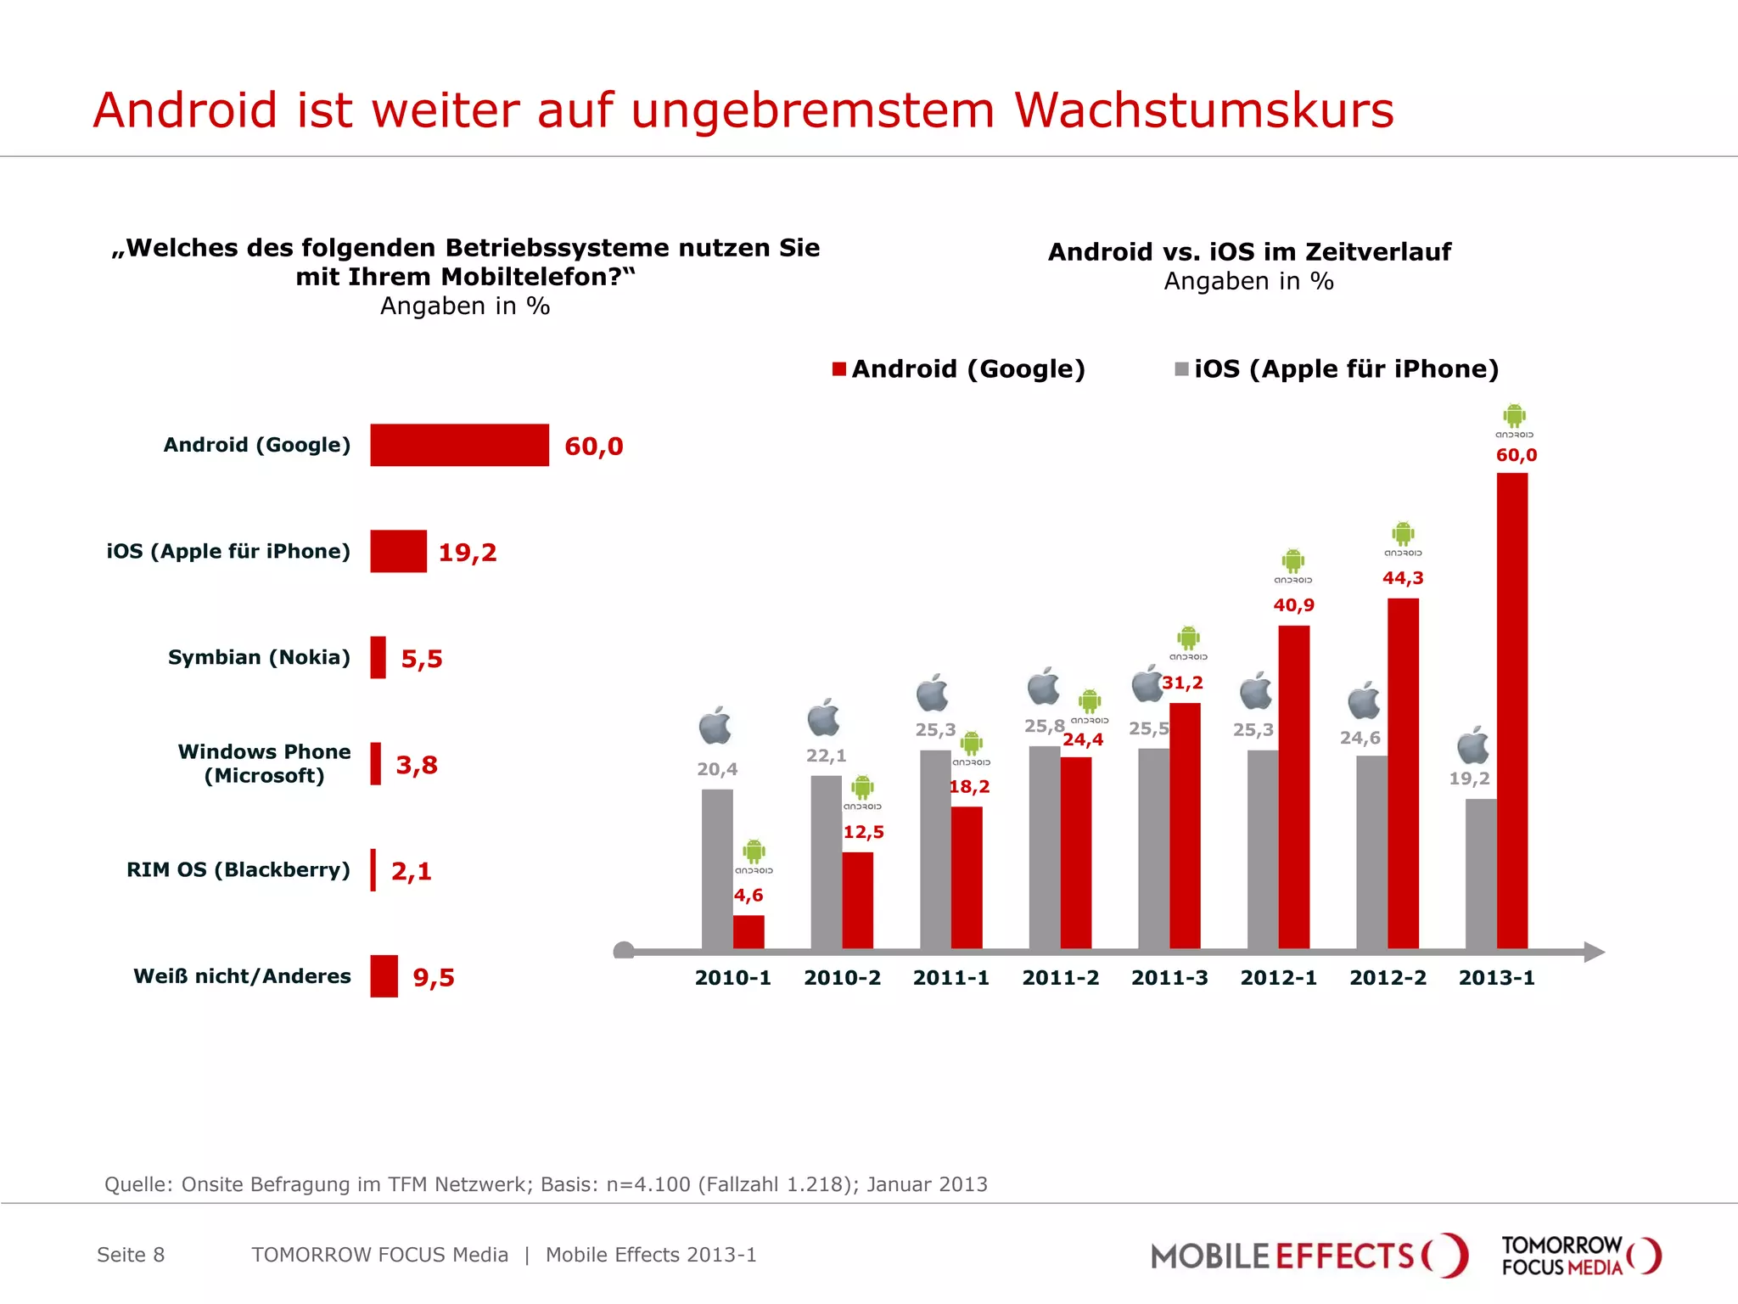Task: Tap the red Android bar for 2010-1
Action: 748,931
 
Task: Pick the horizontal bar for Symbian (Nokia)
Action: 378,658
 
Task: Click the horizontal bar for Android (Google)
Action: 459,445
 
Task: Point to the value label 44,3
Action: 1403,578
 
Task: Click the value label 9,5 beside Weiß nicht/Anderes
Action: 434,977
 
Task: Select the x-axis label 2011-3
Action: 1169,978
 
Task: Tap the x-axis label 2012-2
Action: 1388,978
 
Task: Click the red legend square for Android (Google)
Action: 839,368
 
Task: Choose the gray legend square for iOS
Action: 1181,368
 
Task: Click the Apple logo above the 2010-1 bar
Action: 715,726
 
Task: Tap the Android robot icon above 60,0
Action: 1514,416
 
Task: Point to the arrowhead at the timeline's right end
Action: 1593,952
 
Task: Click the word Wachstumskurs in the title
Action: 1203,110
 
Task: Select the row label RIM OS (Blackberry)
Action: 238,870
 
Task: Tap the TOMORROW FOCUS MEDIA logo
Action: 1580,1256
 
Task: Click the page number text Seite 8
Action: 131,1255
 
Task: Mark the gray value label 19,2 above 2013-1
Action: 1469,778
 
